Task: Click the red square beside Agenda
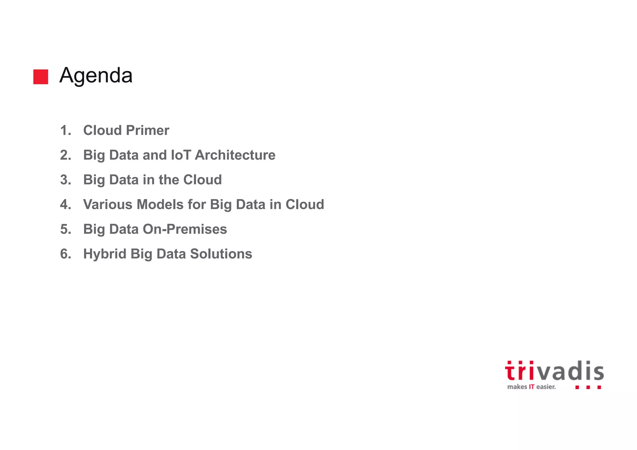tap(41, 77)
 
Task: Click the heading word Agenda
tap(96, 76)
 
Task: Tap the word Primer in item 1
tap(147, 130)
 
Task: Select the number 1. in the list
tap(66, 130)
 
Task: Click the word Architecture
tap(235, 155)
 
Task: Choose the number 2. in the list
tap(66, 155)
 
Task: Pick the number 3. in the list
tap(66, 180)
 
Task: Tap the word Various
tap(108, 205)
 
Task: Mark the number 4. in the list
tap(66, 205)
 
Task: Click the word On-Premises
tap(185, 229)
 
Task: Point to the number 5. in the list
tap(66, 229)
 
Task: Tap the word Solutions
tap(221, 254)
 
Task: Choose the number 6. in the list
tap(66, 254)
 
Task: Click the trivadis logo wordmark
tap(554, 371)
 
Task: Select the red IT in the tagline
tap(531, 387)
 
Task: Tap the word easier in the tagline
tap(546, 387)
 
